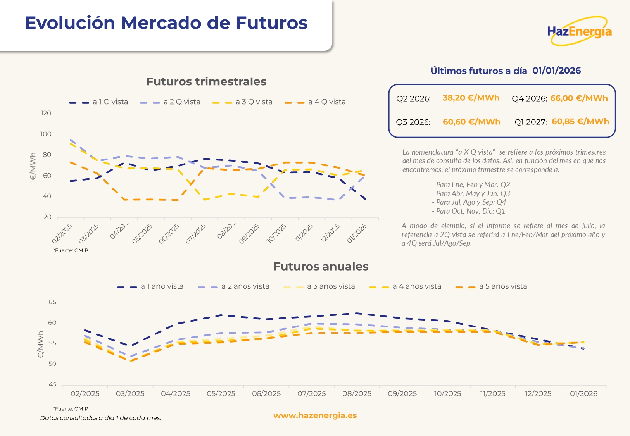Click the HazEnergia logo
tap(579, 31)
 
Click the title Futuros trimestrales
tap(206, 82)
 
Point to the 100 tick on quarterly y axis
tap(46, 134)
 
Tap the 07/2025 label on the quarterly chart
tap(196, 234)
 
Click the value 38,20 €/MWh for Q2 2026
tap(471, 98)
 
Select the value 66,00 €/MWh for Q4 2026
tap(579, 98)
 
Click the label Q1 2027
tap(530, 122)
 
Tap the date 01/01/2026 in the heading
tap(556, 71)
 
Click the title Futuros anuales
tap(321, 267)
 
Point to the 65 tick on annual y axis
tap(52, 302)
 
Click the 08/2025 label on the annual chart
tap(357, 394)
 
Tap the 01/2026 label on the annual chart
tap(583, 394)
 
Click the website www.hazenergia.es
tap(315, 415)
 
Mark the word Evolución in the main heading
tap(70, 23)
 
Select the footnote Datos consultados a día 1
tap(100, 418)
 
